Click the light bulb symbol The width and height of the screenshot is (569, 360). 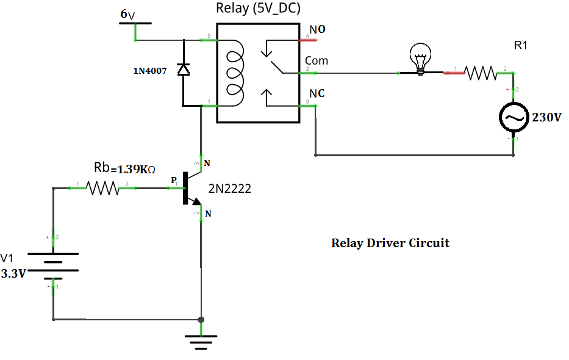click(420, 59)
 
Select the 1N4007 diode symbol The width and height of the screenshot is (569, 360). click(183, 70)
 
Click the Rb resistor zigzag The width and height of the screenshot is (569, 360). click(102, 189)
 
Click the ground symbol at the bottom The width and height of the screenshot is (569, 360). click(201, 340)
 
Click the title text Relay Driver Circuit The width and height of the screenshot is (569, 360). click(390, 243)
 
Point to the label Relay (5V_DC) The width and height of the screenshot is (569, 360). click(258, 9)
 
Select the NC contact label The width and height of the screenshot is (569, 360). click(317, 93)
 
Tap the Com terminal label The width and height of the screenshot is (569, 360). click(317, 61)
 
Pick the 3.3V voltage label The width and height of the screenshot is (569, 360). click(13, 274)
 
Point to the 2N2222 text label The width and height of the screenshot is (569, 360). click(230, 190)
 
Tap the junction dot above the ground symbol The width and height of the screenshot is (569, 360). click(201, 319)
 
